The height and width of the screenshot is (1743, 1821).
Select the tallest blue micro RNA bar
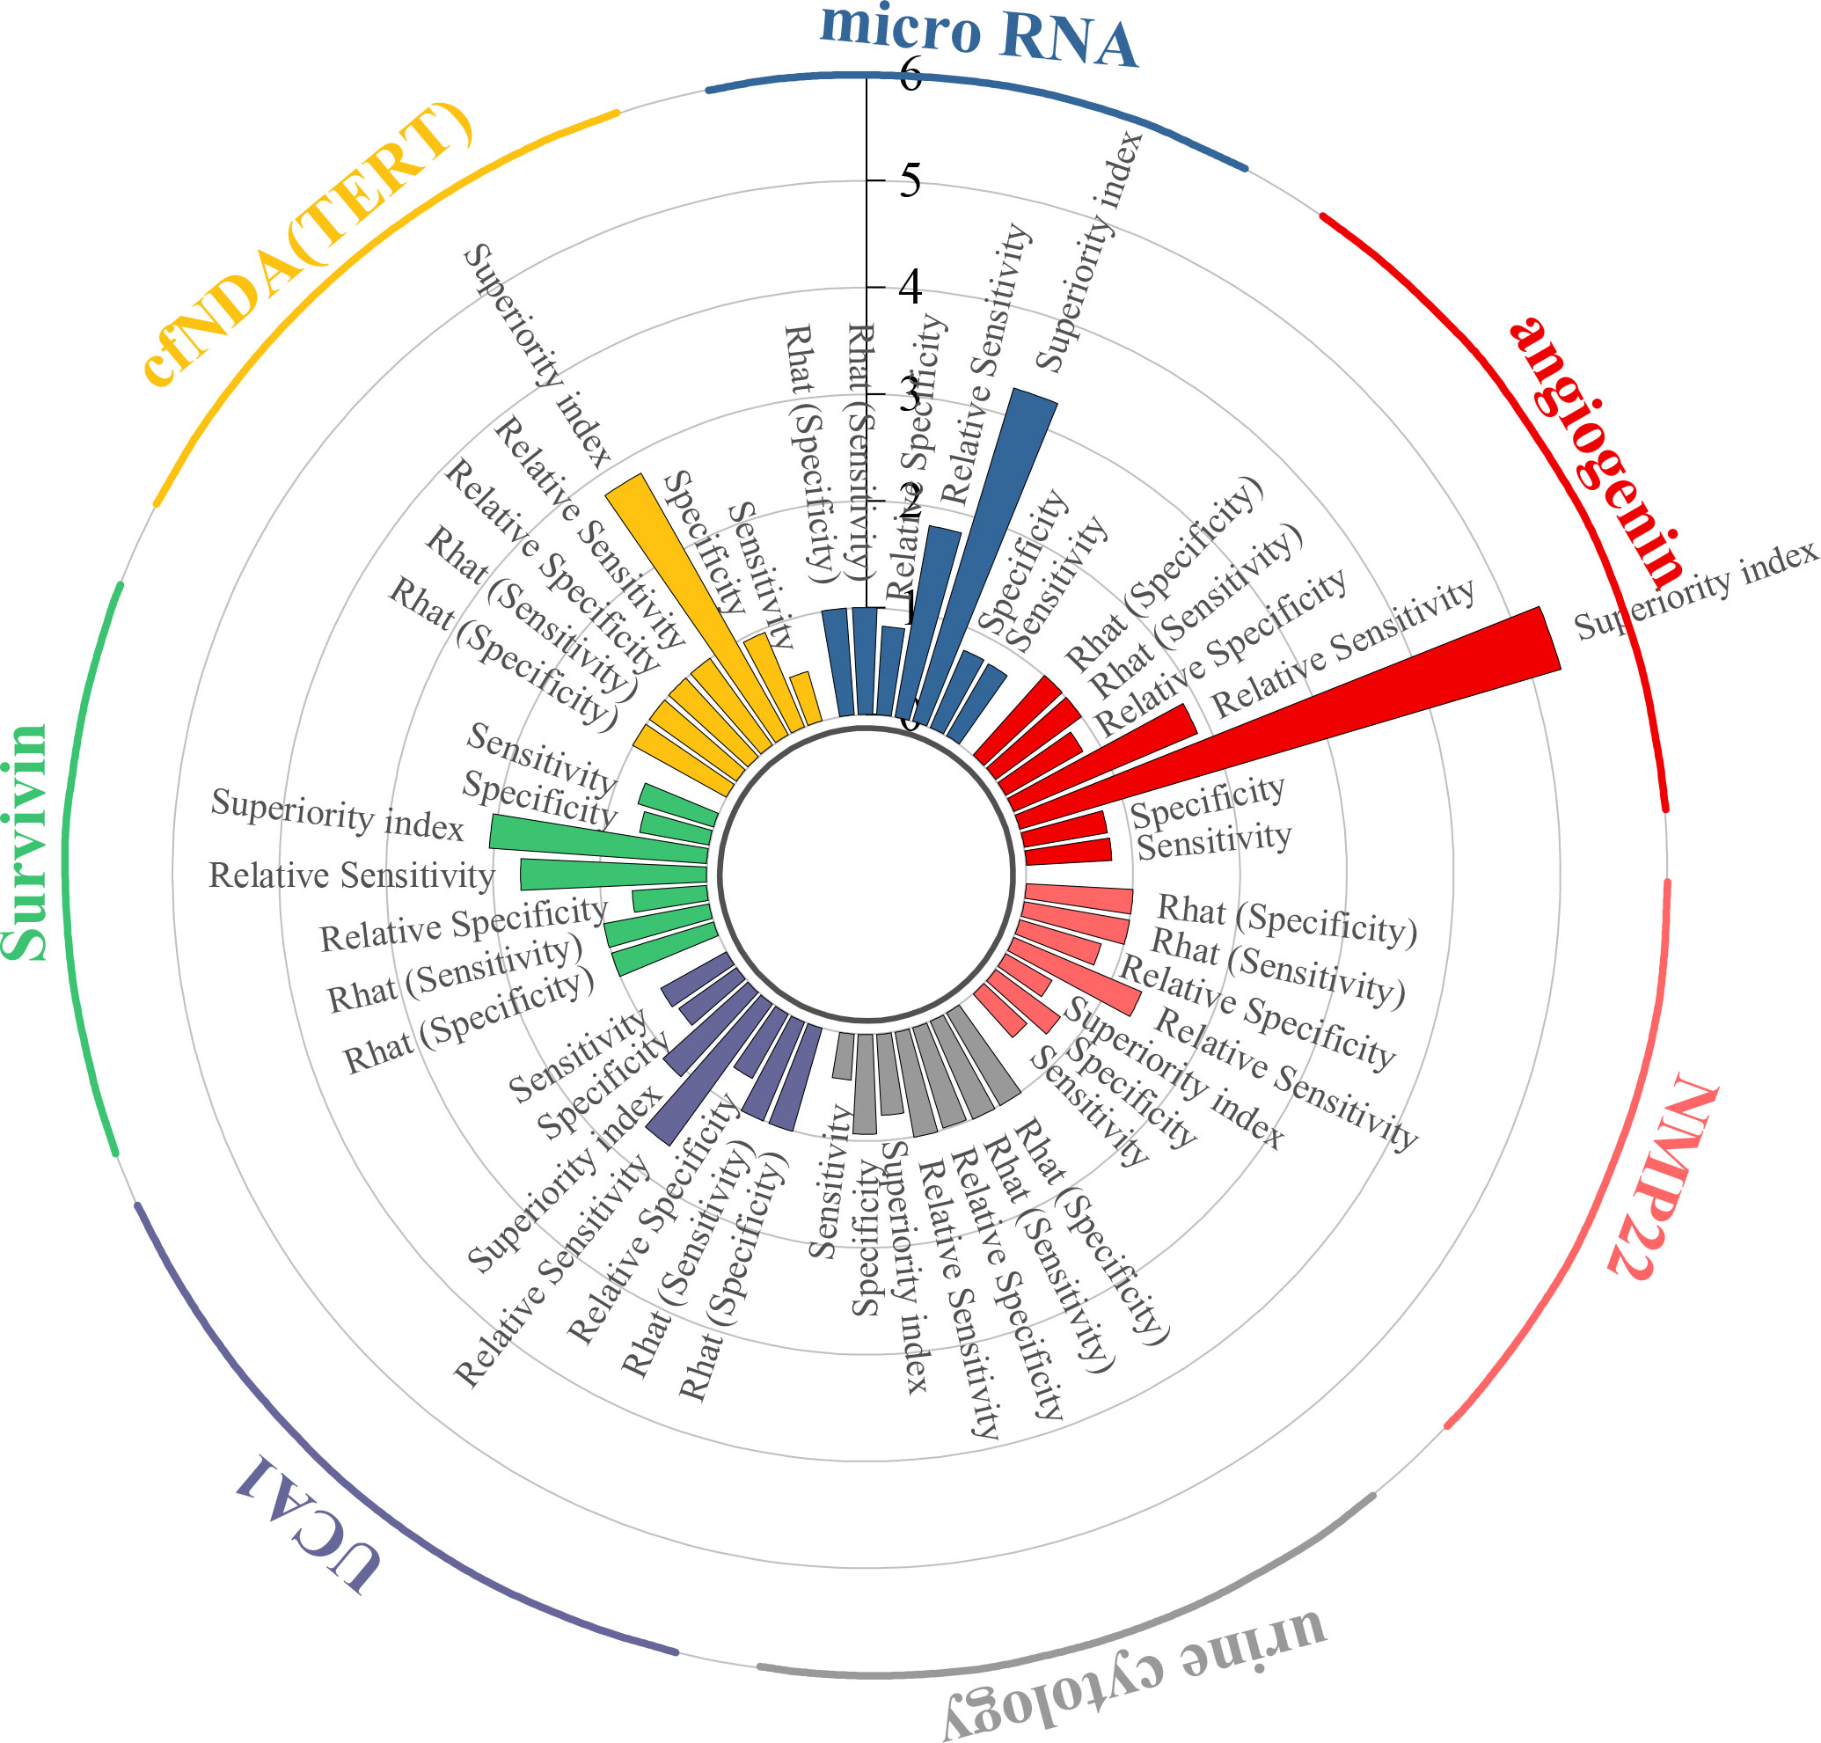[x=984, y=558]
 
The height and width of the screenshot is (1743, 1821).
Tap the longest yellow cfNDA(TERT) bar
[x=692, y=604]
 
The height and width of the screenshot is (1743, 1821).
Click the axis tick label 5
[x=910, y=180]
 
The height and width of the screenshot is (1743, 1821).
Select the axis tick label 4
[x=910, y=287]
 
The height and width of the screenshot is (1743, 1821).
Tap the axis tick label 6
[x=910, y=74]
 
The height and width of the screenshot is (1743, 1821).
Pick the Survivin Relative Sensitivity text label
[x=350, y=876]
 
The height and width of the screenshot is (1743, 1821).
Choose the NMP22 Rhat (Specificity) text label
[x=1287, y=919]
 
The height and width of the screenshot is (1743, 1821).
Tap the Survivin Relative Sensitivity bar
[x=613, y=875]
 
